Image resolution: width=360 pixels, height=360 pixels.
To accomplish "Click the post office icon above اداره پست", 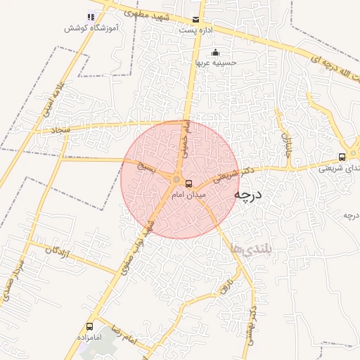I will point(195,20).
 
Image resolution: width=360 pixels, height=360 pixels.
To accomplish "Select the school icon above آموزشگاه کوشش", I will point(90,17).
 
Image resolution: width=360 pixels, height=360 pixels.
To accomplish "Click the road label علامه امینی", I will point(58,98).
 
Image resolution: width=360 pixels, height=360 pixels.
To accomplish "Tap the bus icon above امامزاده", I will point(89,326).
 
